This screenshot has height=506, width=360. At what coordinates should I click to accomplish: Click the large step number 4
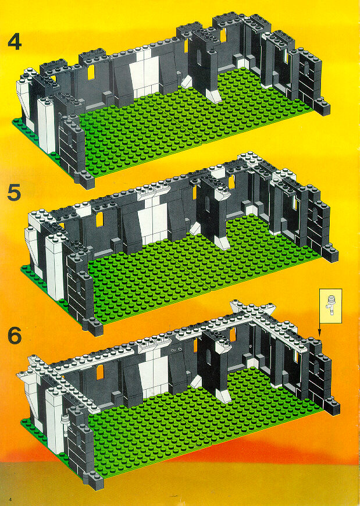click(15, 42)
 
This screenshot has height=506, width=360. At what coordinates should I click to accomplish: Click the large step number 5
click(15, 193)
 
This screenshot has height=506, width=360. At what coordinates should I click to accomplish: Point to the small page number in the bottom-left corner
click(10, 500)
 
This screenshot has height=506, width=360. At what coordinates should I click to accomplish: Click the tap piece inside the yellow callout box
click(330, 305)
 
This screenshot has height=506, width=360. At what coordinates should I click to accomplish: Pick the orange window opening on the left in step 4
click(91, 72)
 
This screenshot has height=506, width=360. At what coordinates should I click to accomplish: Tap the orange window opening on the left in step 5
click(99, 219)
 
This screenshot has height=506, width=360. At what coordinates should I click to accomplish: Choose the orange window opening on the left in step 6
click(100, 372)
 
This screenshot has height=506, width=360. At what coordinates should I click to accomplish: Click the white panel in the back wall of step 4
click(144, 73)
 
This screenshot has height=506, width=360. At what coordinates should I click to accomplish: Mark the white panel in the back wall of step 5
click(153, 221)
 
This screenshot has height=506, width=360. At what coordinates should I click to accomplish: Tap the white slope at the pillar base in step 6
click(224, 396)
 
